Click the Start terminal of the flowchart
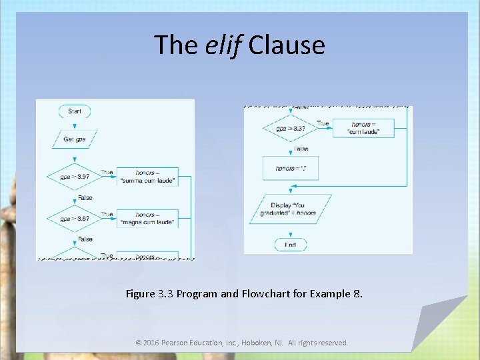[75, 111]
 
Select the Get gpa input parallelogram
[75, 139]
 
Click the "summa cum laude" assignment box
[147, 177]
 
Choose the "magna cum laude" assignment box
[147, 218]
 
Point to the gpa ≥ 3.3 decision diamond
[290, 128]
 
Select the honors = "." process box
[290, 168]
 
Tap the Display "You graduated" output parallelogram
[290, 209]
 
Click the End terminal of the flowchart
[290, 245]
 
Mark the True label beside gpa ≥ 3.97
[107, 172]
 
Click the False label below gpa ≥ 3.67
[85, 239]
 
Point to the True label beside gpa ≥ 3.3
[323, 123]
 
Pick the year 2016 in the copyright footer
[152, 343]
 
